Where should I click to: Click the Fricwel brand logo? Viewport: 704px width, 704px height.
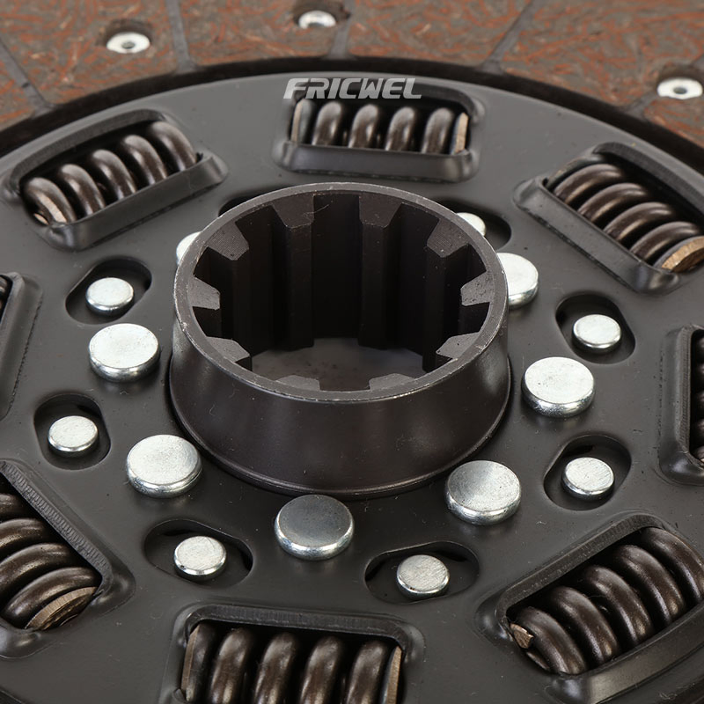[353, 89]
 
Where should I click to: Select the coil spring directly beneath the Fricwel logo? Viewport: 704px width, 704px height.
[379, 125]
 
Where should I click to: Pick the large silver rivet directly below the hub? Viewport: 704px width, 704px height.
[314, 526]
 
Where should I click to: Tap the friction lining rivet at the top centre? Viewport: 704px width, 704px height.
[317, 18]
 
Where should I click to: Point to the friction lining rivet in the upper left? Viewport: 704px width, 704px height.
[128, 42]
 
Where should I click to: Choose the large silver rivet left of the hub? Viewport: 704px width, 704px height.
[124, 352]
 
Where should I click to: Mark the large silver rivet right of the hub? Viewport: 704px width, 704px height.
[558, 386]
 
